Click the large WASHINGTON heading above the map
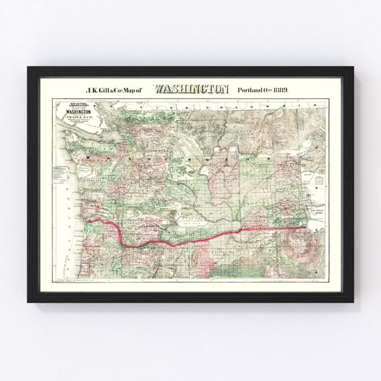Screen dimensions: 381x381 click(x=191, y=88)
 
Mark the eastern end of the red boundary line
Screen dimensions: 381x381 click(x=307, y=228)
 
